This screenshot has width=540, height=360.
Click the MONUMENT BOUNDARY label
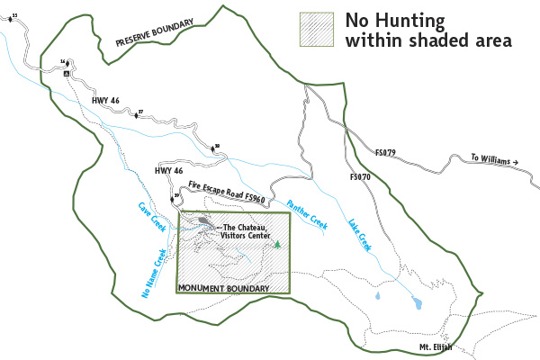click(223, 288)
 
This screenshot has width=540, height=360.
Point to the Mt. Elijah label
click(436, 347)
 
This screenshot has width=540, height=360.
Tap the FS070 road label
click(358, 178)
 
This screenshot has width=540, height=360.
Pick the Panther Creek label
click(307, 213)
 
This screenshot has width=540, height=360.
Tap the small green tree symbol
click(277, 244)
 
